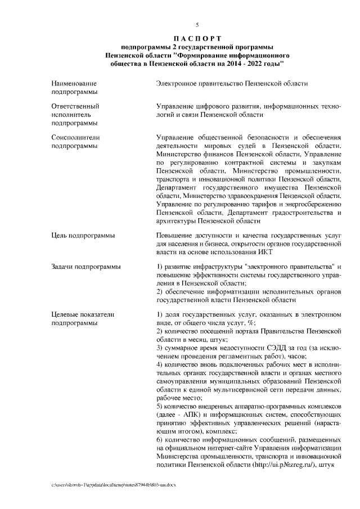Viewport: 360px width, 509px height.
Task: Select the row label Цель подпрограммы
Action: (83, 235)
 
